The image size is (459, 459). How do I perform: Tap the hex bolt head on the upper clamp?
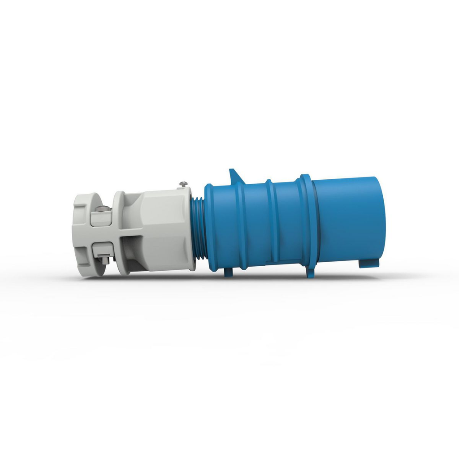[x=103, y=208]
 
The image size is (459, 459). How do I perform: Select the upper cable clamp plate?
[x=101, y=217]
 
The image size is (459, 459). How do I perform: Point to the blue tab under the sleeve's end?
[x=368, y=263]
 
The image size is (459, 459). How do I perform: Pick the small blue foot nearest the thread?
[x=229, y=272]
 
